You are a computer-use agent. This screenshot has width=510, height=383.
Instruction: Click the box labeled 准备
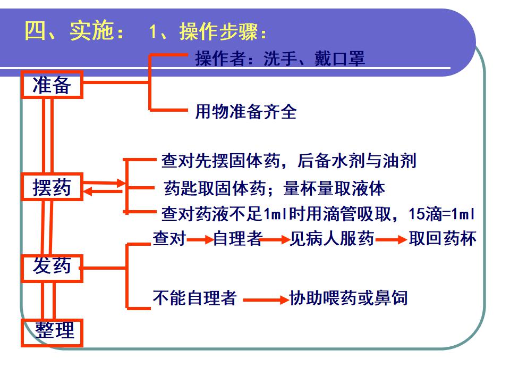(52, 85)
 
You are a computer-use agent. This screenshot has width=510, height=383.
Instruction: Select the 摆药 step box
(52, 187)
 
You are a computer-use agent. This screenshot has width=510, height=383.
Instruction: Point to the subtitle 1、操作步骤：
(208, 32)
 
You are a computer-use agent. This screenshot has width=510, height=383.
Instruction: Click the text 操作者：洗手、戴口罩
(280, 59)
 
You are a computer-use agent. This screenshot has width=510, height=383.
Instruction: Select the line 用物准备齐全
(246, 112)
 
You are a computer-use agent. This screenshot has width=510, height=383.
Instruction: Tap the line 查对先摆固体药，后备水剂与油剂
(288, 161)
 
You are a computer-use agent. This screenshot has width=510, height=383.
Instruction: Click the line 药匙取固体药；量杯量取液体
(275, 188)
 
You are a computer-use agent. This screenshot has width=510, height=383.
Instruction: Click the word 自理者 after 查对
(237, 239)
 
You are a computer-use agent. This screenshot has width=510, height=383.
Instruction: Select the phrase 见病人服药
(332, 239)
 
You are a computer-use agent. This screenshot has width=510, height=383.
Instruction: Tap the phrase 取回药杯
(443, 239)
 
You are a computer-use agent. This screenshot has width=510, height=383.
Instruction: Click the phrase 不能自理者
(194, 298)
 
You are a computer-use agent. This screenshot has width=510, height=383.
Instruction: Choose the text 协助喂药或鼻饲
(348, 298)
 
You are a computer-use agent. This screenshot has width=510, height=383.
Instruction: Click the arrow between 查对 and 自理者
(200, 240)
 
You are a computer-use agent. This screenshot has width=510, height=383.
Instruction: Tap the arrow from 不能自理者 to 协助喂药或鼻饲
(265, 300)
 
